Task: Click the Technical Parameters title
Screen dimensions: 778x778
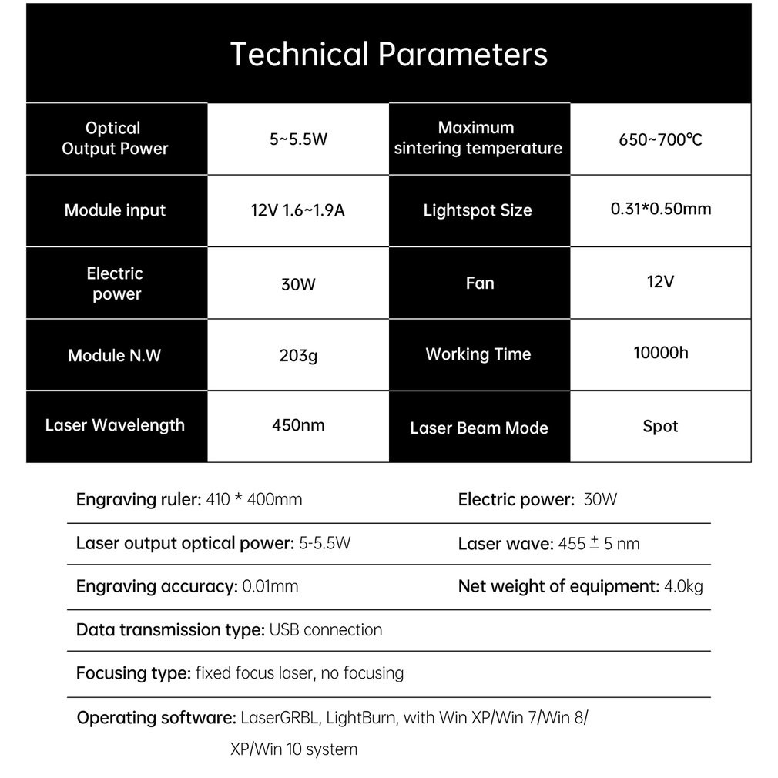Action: tap(388, 55)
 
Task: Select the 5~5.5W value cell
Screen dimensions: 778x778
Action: tap(298, 140)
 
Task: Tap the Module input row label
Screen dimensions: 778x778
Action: tap(116, 210)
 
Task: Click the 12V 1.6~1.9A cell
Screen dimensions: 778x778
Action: tap(298, 210)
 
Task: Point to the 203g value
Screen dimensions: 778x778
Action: tap(298, 356)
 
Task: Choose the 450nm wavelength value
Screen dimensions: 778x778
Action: tap(298, 425)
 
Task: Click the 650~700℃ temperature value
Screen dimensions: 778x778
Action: tap(660, 140)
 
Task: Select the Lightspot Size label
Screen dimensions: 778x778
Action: tap(478, 210)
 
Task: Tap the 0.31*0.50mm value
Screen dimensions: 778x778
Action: tap(660, 209)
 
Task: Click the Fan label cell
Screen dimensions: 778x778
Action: tap(479, 283)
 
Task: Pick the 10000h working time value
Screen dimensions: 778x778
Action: tap(660, 353)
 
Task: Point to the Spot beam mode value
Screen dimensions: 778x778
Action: tap(660, 426)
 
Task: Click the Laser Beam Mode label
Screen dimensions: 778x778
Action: tap(478, 428)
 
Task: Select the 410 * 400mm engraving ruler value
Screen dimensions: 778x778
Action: tap(254, 499)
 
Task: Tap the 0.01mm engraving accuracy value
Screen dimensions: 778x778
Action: tap(270, 586)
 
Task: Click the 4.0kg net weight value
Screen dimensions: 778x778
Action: tap(683, 586)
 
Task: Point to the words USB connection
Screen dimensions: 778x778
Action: tap(325, 630)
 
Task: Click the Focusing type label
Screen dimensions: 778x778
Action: tap(133, 673)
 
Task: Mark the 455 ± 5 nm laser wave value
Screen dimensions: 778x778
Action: tap(599, 544)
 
